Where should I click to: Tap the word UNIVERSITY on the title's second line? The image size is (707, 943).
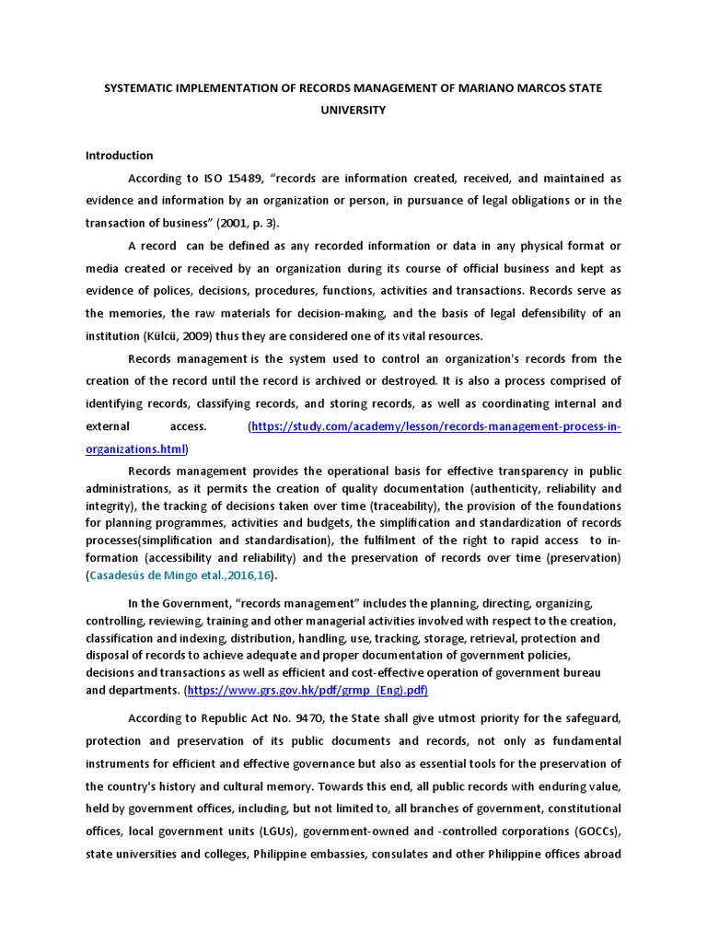353,110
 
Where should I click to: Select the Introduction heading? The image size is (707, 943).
119,156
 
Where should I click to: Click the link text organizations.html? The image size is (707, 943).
135,449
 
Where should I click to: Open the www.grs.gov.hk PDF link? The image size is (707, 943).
307,690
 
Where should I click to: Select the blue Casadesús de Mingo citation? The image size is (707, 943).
180,576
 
